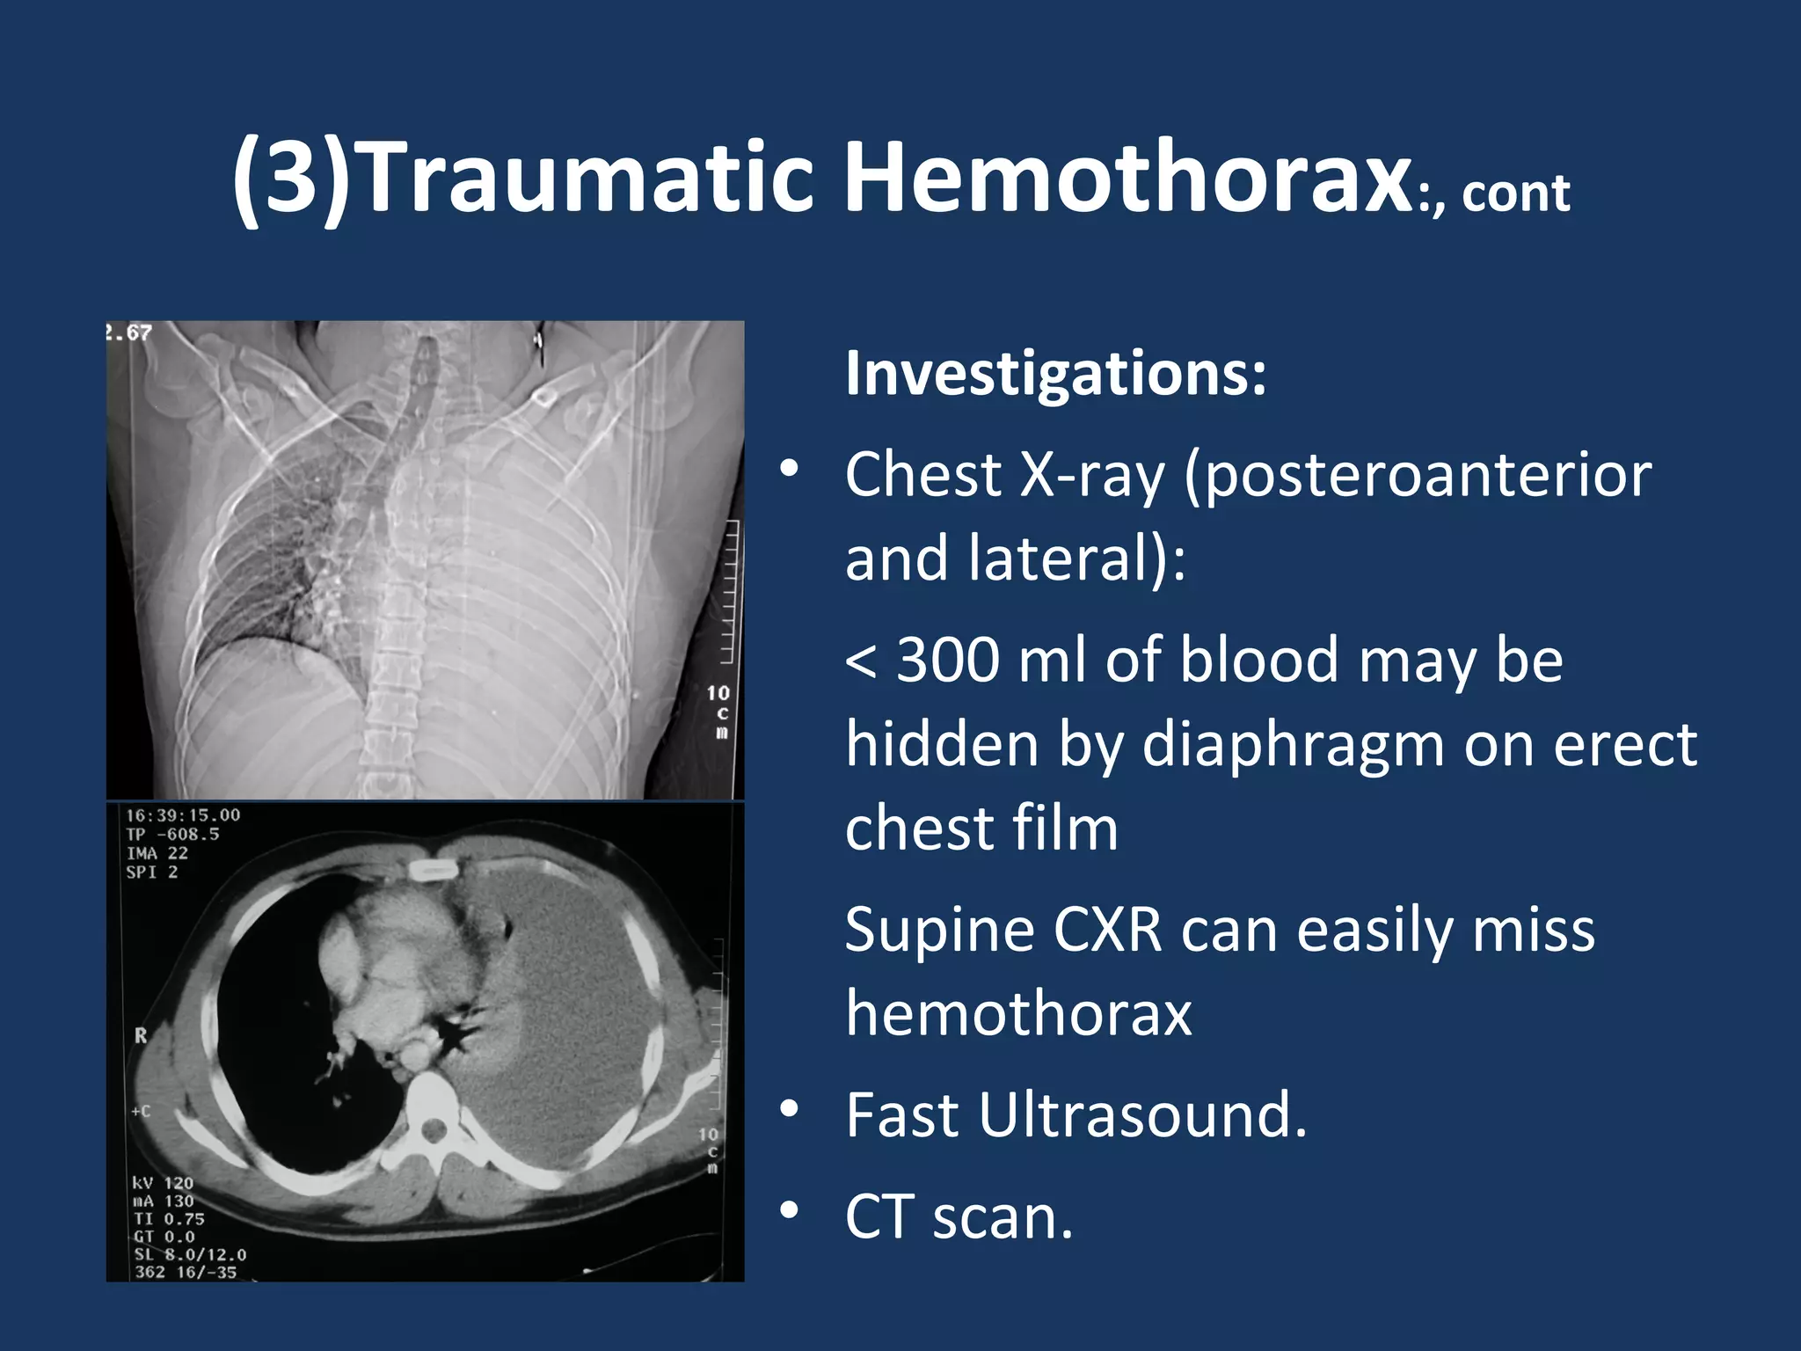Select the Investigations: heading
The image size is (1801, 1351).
point(1055,373)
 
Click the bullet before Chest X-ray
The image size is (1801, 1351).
point(789,469)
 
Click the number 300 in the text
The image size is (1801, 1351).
point(947,660)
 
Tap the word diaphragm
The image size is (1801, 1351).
point(1293,744)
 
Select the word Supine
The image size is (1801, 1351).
point(938,930)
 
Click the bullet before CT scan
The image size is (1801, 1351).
point(789,1211)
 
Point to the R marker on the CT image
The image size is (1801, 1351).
point(141,1036)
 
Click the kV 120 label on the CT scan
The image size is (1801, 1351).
point(163,1183)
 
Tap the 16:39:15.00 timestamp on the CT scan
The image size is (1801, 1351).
point(183,815)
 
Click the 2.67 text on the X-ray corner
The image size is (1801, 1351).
point(129,332)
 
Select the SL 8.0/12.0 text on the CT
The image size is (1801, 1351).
point(190,1254)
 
